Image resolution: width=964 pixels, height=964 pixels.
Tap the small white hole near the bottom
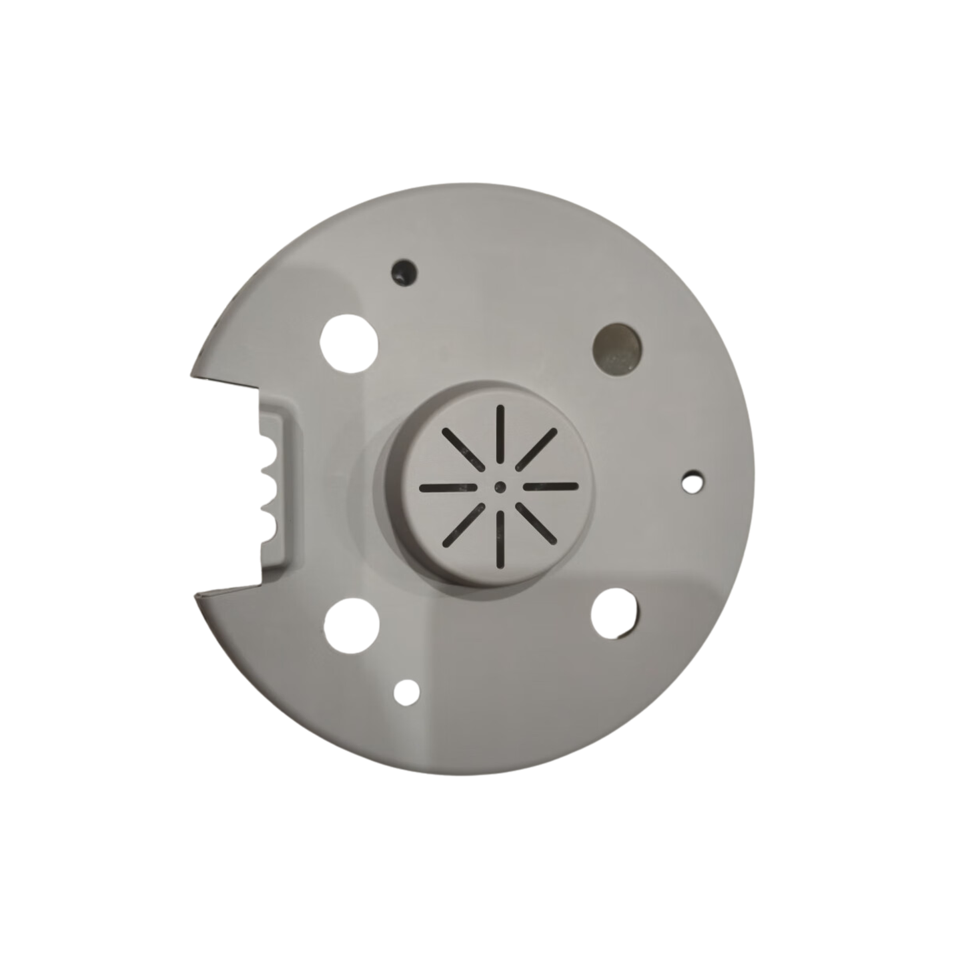point(406,691)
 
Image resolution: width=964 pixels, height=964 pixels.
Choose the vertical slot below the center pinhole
point(500,542)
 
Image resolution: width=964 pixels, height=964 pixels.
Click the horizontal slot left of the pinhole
point(448,488)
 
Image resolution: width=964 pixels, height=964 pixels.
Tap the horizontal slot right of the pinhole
point(551,486)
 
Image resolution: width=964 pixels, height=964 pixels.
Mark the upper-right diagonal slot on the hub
point(536,449)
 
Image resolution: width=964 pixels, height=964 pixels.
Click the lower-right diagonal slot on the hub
point(536,524)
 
